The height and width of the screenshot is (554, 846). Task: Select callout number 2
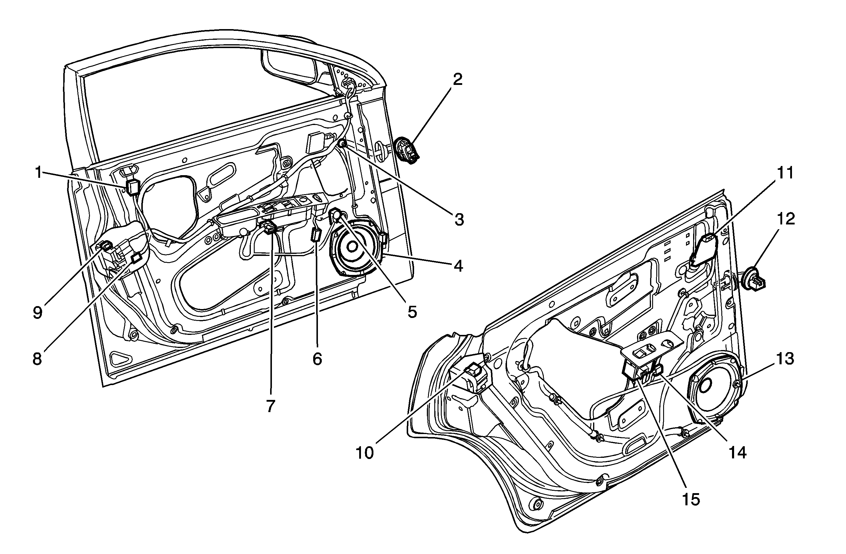457,80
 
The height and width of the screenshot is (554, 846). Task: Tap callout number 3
459,220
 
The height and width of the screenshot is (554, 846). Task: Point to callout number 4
459,266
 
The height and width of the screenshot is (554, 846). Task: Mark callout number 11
785,173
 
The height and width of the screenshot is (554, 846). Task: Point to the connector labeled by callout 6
316,235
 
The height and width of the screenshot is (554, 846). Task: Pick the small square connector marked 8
137,258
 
